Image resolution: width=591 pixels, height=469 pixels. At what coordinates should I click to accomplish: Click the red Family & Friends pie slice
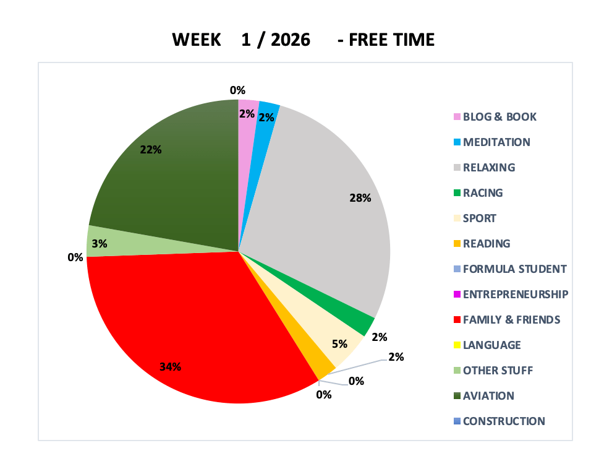click(x=185, y=322)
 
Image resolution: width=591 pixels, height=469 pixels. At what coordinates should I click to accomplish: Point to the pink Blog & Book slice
click(x=247, y=124)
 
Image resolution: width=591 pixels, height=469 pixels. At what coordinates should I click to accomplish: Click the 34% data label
click(x=170, y=367)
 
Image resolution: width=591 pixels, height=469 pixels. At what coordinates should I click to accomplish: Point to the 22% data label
click(x=151, y=149)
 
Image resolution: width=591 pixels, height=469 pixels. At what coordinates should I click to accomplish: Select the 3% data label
click(x=99, y=244)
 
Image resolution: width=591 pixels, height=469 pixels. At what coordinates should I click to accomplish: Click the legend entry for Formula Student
click(x=514, y=269)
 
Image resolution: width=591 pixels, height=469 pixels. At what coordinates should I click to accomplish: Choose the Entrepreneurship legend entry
click(x=515, y=294)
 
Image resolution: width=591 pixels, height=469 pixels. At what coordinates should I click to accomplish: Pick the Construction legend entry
click(x=504, y=421)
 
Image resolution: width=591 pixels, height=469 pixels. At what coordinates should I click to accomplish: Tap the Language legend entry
click(x=491, y=345)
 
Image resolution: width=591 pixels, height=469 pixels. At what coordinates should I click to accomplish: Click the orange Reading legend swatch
click(x=457, y=244)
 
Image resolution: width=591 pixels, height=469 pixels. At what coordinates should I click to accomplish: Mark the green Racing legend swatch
click(x=457, y=193)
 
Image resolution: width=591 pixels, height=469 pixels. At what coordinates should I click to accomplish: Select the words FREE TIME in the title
click(x=392, y=40)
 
